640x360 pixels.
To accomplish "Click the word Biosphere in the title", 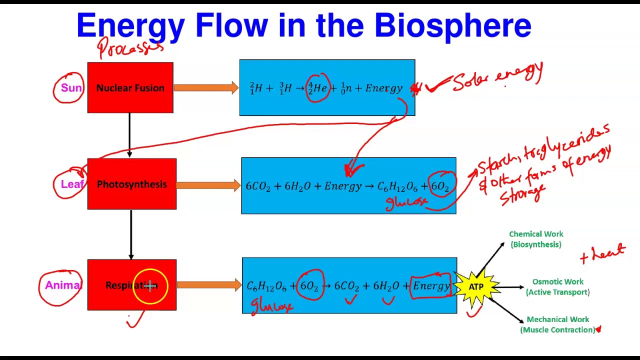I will pos(452,26).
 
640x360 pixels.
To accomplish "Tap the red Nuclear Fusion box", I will pos(130,88).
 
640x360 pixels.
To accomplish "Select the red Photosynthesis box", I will pos(131,184).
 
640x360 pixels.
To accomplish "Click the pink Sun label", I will pos(71,88).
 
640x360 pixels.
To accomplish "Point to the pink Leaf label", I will pos(72,184).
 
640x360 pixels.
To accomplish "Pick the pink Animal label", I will pos(62,285).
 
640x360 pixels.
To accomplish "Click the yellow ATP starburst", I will pos(476,287).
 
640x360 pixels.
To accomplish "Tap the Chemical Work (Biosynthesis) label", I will pos(536,239).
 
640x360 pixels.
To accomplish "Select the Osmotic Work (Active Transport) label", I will pos(557,287).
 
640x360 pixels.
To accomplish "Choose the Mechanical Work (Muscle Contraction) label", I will pos(557,324).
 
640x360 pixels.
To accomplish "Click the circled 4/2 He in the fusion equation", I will pos(317,88).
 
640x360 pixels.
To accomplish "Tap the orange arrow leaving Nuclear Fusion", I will pos(206,88).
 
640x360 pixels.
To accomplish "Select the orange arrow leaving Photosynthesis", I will pos(208,185).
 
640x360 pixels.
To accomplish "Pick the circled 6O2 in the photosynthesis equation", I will pos(440,186).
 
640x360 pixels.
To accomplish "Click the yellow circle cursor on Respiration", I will pos(150,286).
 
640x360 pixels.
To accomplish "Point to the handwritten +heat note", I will pos(602,253).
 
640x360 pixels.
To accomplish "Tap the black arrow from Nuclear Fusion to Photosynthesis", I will pos(129,135).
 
